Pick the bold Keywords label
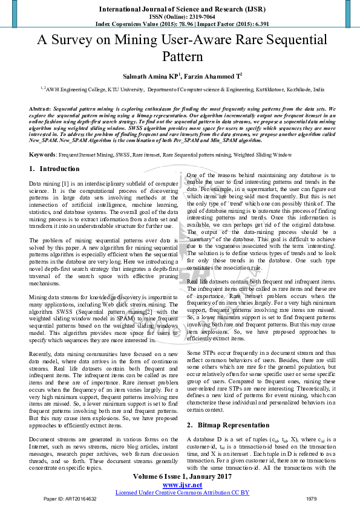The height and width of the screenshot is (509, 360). (x=43, y=155)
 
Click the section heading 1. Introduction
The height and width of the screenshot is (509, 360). (x=54, y=169)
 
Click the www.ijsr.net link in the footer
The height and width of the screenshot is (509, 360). (x=182, y=485)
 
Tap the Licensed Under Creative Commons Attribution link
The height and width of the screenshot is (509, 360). (x=182, y=492)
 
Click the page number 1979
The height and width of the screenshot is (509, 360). (x=311, y=499)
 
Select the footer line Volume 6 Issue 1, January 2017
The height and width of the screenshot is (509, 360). (x=182, y=476)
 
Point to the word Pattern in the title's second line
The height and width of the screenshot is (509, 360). (x=182, y=57)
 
